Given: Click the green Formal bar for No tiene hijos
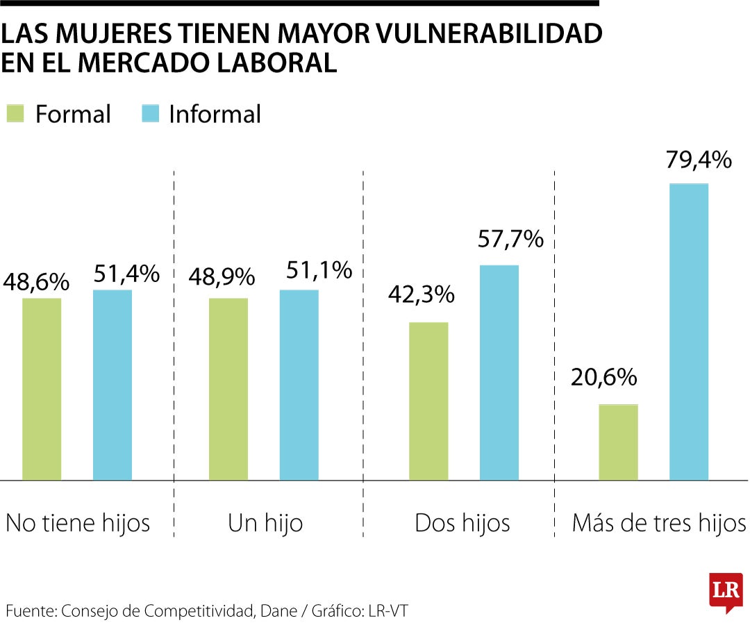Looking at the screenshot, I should (x=42, y=389).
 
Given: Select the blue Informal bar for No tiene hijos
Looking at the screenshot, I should (x=112, y=385).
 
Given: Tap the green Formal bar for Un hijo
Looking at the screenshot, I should (x=228, y=389).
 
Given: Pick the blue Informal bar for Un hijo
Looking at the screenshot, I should (x=299, y=385).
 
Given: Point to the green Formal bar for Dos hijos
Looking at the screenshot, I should (x=428, y=401).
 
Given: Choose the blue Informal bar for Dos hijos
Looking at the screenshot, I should (x=499, y=372).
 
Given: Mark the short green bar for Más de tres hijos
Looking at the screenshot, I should (x=618, y=442).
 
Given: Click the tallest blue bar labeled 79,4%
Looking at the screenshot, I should (x=689, y=332).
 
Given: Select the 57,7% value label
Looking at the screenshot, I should (x=510, y=239).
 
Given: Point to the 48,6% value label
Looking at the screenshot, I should (x=36, y=281).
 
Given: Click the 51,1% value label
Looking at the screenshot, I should (x=319, y=270).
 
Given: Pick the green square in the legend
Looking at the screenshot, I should (x=15, y=114).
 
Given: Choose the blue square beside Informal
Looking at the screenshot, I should (x=149, y=114).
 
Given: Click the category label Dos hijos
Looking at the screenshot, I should (x=462, y=523).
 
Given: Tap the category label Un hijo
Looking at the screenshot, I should (x=265, y=523).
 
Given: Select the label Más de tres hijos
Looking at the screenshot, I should (x=658, y=523).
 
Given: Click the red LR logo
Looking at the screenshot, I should (x=726, y=592).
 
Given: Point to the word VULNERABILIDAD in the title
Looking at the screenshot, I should (x=490, y=34).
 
